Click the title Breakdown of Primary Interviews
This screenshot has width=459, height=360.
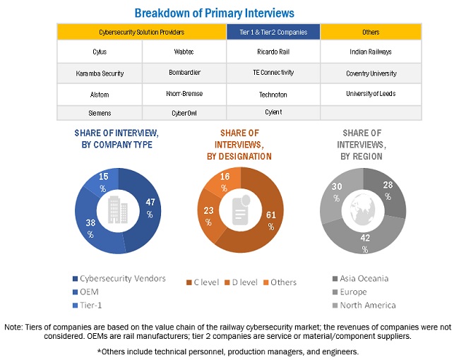point(215,13)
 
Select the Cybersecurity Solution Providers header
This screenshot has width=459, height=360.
point(141,32)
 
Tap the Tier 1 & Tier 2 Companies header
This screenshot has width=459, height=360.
point(273,32)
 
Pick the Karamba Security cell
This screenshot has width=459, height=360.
point(99,73)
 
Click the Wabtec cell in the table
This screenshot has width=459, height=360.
point(184,52)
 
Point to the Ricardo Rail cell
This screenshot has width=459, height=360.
point(273,52)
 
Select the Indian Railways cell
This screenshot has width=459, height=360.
point(371,52)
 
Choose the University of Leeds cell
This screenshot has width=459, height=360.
point(371,93)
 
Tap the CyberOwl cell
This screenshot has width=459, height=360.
point(184,113)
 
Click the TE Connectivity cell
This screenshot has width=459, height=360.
point(273,73)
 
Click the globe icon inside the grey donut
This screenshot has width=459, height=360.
point(364,208)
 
